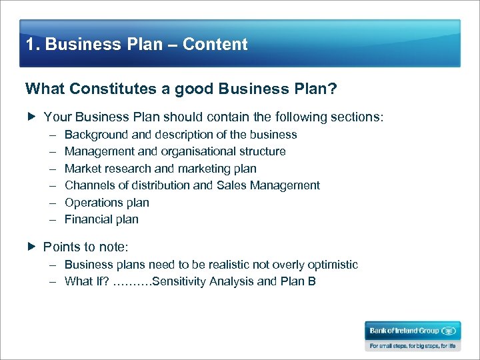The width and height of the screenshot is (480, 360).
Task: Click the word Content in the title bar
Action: coord(215,45)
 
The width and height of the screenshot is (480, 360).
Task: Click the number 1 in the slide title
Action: coord(30,45)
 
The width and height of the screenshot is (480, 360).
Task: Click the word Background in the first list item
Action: coord(95,135)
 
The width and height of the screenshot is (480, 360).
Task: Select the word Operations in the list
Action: coord(93,203)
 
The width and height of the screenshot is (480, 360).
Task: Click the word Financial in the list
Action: coord(89,219)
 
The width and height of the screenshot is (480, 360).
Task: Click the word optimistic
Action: coord(330,265)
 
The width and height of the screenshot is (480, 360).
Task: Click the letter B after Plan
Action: coord(312,281)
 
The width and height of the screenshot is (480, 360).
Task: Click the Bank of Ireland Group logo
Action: coord(412,331)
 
